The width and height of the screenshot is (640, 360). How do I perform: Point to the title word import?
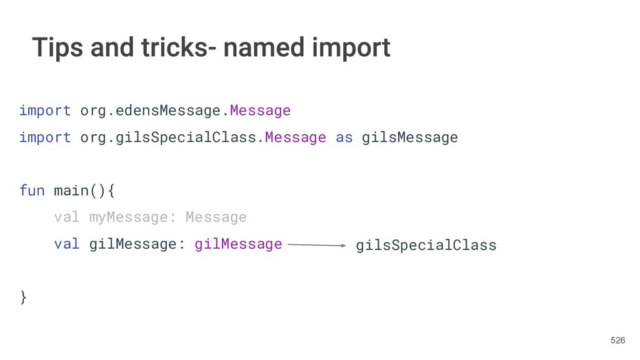tap(353, 48)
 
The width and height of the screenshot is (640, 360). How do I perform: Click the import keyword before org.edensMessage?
tap(45, 111)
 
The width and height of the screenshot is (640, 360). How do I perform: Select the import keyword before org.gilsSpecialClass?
tap(45, 137)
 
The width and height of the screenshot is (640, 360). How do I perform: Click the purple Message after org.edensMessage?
tap(260, 111)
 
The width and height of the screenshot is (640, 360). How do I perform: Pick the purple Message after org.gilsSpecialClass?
tap(295, 137)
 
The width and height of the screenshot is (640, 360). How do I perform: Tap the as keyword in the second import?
tap(344, 137)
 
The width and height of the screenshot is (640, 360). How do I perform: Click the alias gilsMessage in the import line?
tap(410, 137)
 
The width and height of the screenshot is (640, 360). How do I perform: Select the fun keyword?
tap(32, 190)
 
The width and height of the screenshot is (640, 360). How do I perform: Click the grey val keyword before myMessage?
tap(67, 217)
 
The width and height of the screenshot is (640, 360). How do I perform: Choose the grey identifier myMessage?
tap(128, 217)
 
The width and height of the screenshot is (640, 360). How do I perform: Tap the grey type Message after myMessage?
tap(216, 217)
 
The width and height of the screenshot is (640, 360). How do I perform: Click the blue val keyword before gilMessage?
tap(67, 244)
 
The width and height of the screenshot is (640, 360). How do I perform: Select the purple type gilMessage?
tap(238, 244)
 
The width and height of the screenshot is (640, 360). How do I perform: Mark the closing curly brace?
tap(24, 297)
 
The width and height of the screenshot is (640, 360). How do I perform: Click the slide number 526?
tap(617, 340)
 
